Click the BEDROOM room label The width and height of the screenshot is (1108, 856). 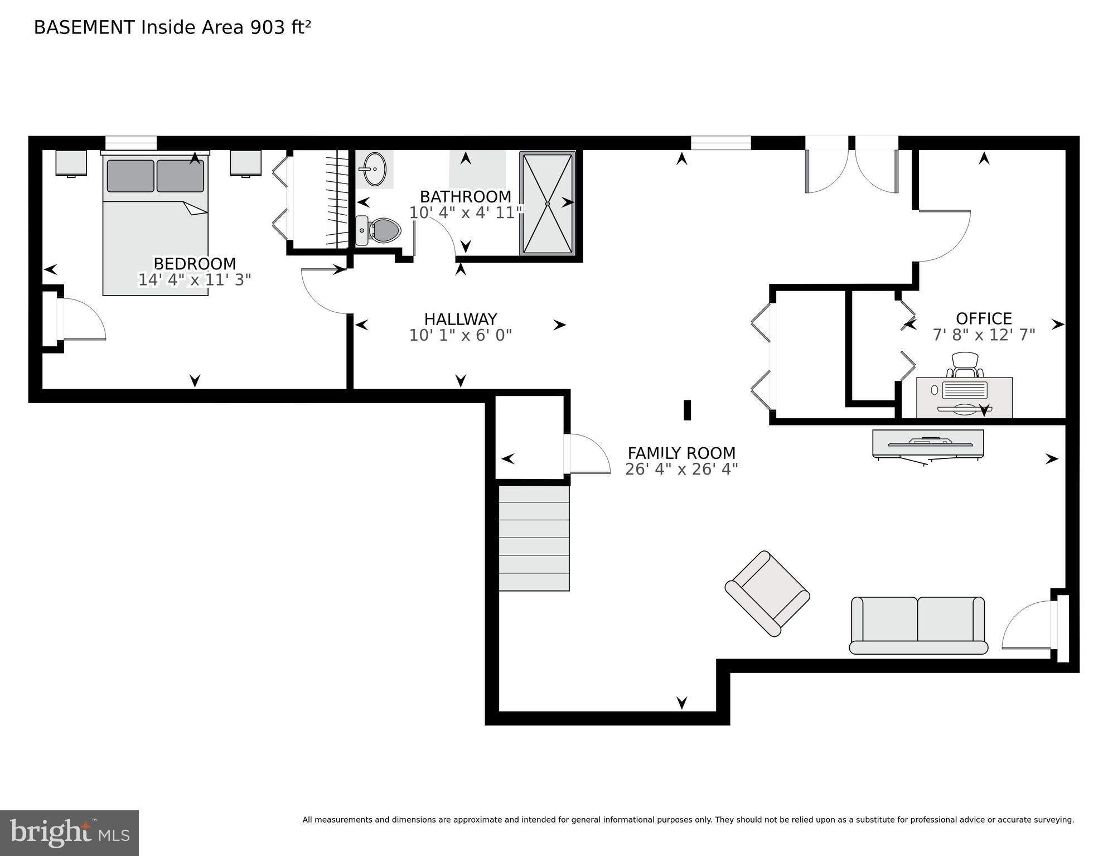pos(195,263)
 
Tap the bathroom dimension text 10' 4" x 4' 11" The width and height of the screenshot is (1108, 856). pos(465,213)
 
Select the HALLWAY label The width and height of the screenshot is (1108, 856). pos(461,319)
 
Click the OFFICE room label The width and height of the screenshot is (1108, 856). pos(984,318)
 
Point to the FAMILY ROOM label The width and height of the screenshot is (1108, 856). pos(681,453)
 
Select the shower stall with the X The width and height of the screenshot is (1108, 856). pos(547,204)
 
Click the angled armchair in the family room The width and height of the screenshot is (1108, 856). pos(767,593)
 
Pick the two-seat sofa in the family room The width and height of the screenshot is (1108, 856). pos(918,625)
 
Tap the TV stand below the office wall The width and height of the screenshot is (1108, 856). pos(928,444)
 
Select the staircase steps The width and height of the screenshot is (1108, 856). pos(534,538)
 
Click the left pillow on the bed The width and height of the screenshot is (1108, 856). pos(130,176)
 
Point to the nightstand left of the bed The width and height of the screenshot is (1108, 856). pos(71,163)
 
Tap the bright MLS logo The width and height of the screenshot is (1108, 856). pos(69,833)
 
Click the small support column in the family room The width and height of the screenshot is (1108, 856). pos(687,410)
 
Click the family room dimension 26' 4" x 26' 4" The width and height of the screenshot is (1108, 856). pos(681,470)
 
